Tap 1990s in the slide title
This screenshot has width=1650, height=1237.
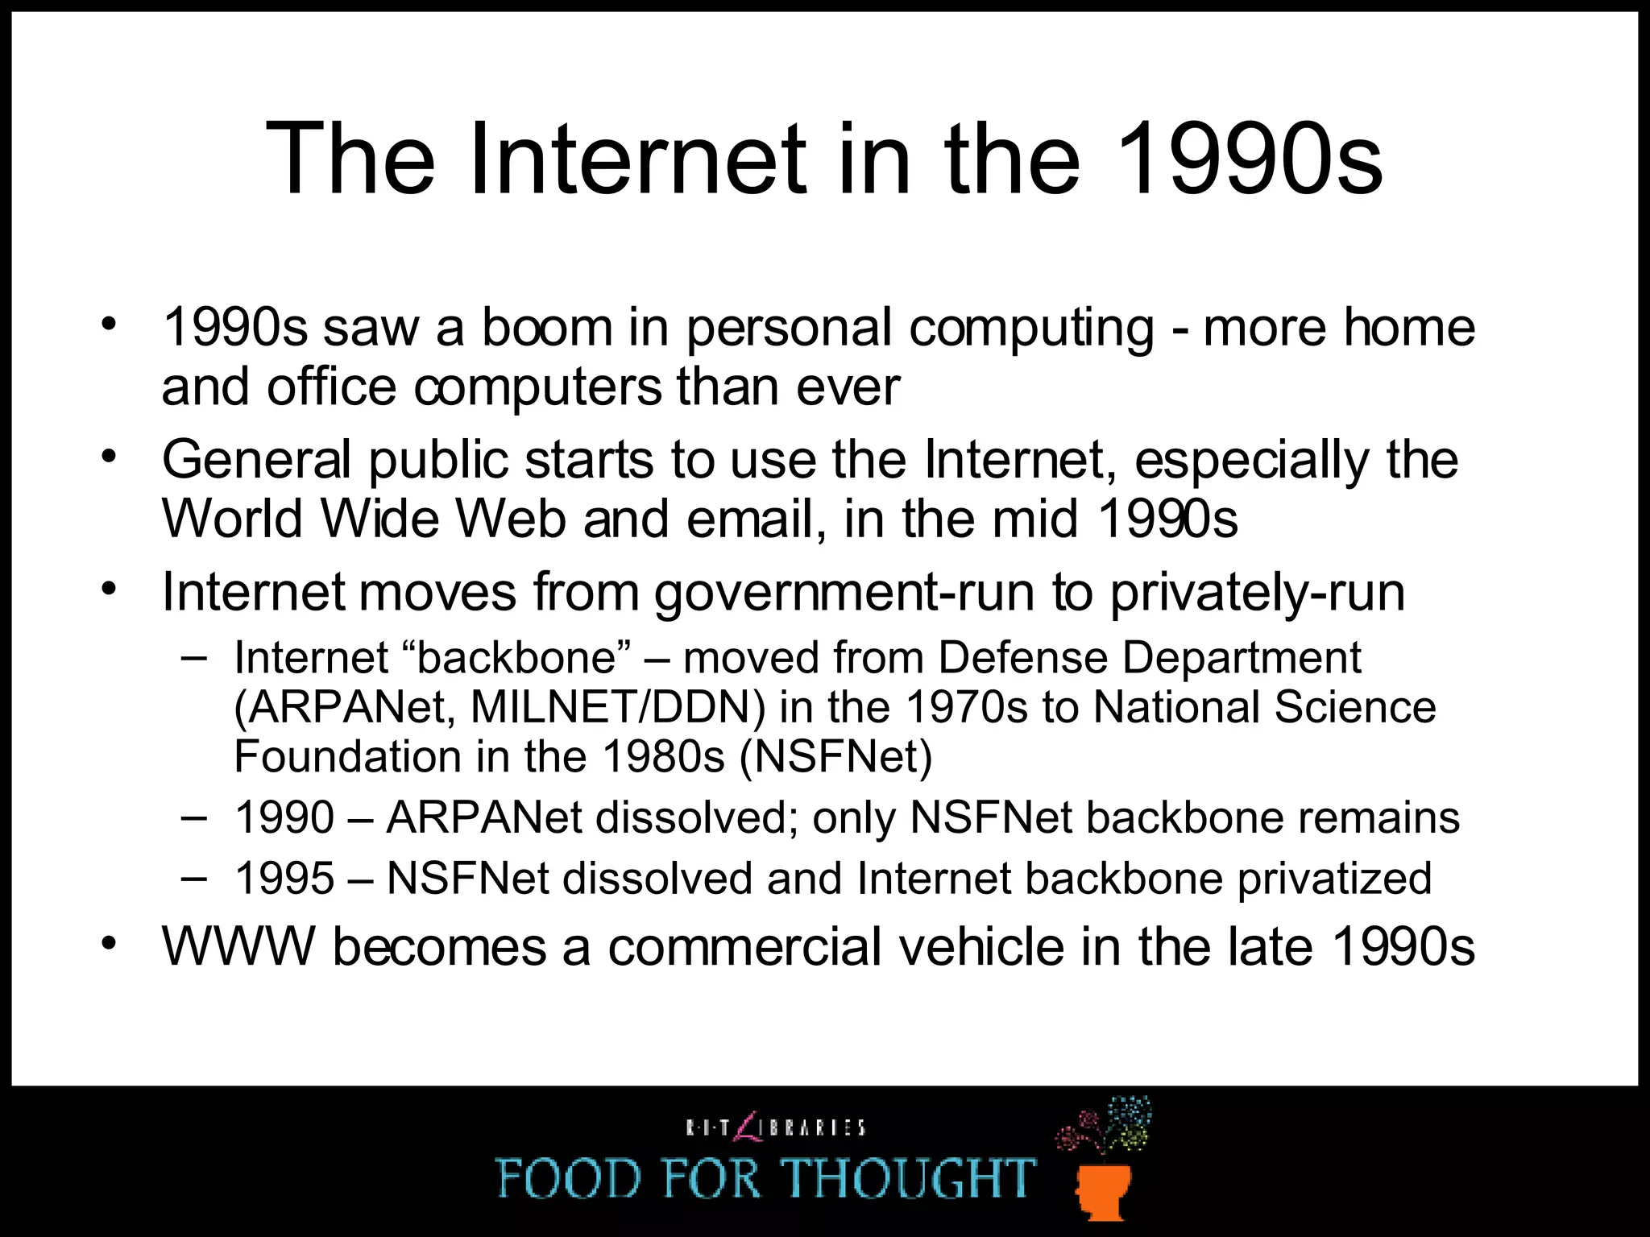[x=1250, y=159]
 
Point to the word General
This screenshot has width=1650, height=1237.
[x=257, y=460]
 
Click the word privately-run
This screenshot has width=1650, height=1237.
[x=1258, y=593]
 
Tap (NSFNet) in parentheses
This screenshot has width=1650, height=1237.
[x=835, y=757]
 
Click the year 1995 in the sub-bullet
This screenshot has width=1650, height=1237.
[x=284, y=879]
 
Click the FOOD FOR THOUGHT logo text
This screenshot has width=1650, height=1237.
[x=765, y=1177]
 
